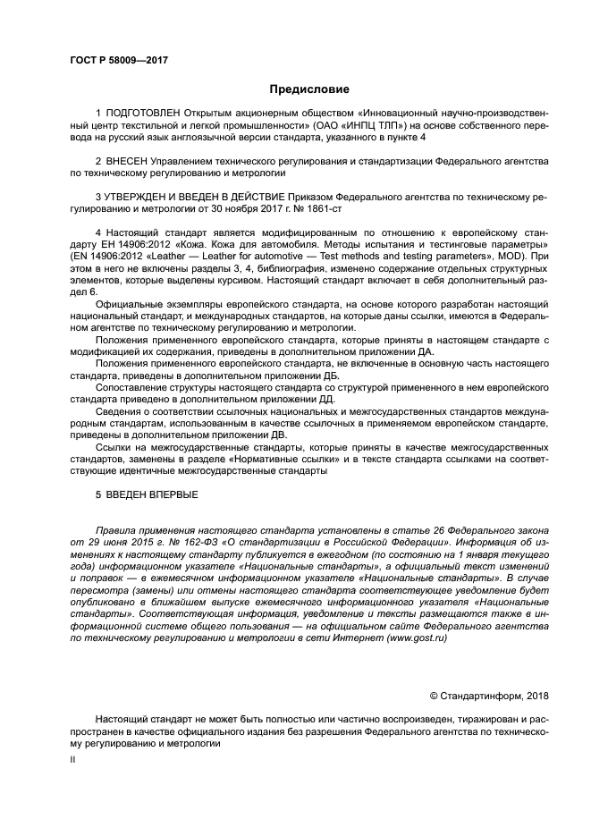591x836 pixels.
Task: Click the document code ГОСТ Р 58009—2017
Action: coord(118,60)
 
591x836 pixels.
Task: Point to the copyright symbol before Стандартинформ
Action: coord(435,695)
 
